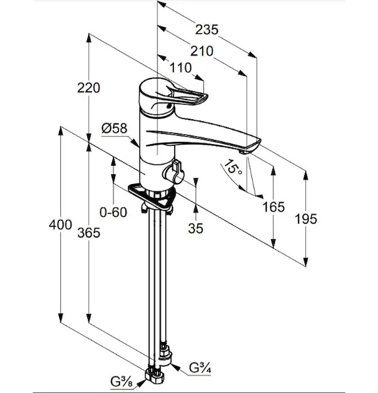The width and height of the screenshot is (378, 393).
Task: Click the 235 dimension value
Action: coord(207,30)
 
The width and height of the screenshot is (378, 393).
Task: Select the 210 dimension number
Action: coord(201,51)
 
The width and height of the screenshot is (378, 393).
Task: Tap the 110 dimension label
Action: coord(180,68)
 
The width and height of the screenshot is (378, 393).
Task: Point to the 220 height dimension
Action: coord(89,88)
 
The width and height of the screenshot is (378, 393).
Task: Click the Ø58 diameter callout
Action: coord(115,128)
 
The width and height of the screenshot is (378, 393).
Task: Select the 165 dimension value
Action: coord(274,207)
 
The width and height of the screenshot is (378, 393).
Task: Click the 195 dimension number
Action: coord(306,219)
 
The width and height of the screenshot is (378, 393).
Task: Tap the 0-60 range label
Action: coord(114,212)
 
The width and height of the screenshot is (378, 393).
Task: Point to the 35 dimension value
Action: coord(196,229)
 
